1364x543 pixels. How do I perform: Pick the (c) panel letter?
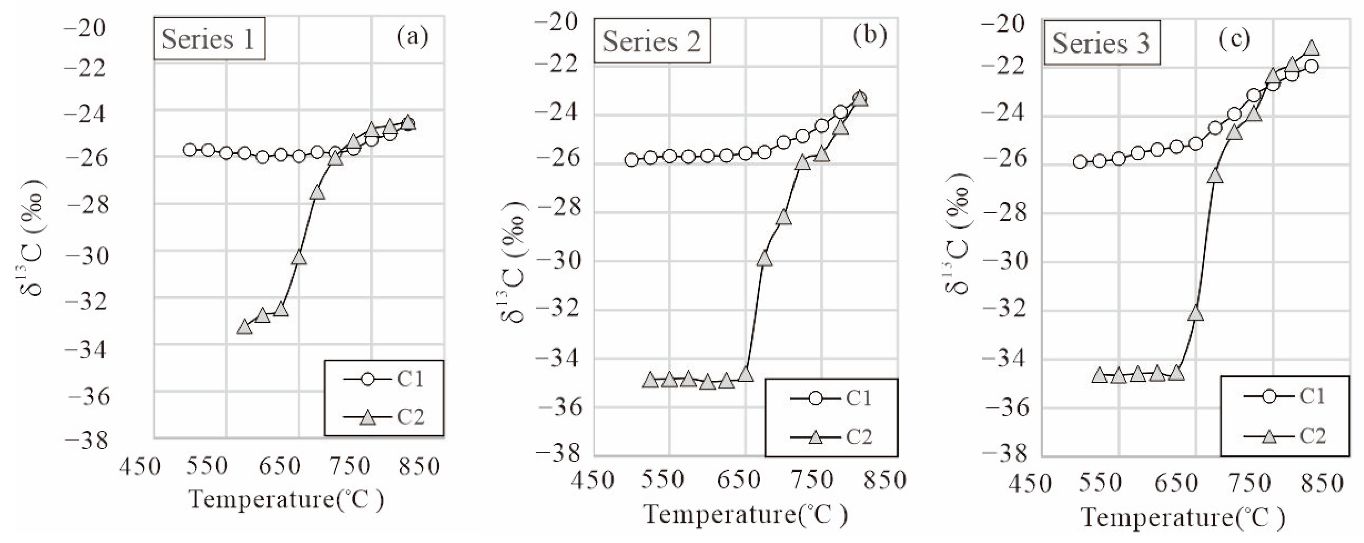pos(1234,38)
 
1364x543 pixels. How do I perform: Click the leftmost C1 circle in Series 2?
pos(631,160)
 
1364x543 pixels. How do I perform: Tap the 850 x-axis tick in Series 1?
pos(419,467)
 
